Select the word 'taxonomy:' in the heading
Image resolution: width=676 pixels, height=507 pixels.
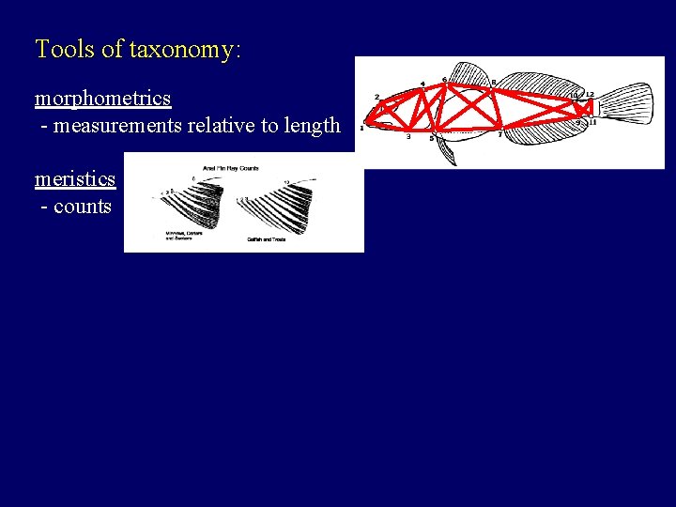(185, 51)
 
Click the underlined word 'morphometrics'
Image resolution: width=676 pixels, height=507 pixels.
(102, 99)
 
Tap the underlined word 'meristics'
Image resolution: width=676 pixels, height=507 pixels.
(75, 178)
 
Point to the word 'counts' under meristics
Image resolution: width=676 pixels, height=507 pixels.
(83, 207)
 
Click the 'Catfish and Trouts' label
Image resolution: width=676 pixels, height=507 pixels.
(267, 240)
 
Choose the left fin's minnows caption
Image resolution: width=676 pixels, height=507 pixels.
(183, 236)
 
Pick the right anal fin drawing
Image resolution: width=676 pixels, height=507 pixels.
(282, 207)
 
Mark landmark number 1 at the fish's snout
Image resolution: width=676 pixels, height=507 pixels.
(362, 127)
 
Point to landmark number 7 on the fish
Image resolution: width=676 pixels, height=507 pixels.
(499, 135)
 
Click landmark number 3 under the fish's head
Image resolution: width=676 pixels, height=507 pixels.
(407, 137)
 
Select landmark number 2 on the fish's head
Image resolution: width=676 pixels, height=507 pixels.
(376, 97)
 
